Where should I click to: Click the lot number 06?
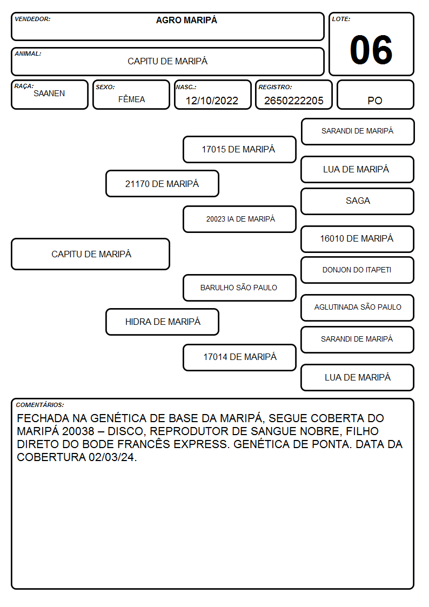tap(371, 50)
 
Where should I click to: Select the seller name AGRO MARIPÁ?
tap(186, 20)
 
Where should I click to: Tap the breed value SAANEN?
tap(49, 94)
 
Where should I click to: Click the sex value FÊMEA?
tap(131, 99)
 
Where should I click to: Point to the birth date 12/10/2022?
tap(212, 101)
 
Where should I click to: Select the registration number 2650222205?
tap(293, 101)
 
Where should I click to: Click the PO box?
tap(375, 95)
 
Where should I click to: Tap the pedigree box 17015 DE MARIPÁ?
tap(239, 149)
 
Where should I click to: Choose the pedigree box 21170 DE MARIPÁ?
tap(162, 183)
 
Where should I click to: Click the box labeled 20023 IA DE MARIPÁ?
tap(239, 219)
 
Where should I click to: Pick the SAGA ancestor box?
tap(358, 201)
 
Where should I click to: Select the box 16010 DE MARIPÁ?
tap(358, 239)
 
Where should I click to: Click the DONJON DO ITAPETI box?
tap(358, 270)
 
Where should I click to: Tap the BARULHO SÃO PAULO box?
tap(239, 288)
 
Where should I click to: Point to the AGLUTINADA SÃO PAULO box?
tap(358, 308)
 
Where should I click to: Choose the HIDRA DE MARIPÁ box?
tap(162, 322)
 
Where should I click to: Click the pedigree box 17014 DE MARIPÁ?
tap(239, 357)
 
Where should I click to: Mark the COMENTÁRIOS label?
tap(40, 405)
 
